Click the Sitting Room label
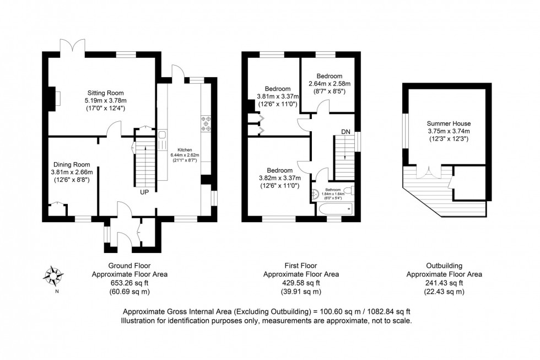click(105, 93)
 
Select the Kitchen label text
click(184, 149)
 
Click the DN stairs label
click(345, 132)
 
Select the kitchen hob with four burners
click(207, 124)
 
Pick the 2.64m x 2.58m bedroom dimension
click(330, 84)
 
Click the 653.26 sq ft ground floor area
click(129, 283)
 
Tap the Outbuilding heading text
click(444, 265)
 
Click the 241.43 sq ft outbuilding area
click(444, 283)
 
